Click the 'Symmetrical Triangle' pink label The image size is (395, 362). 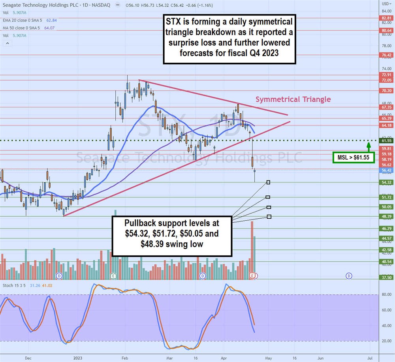click(x=293, y=99)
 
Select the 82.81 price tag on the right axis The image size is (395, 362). click(x=386, y=18)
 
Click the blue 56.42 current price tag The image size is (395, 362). click(x=386, y=171)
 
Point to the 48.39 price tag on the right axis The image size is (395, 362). click(x=386, y=217)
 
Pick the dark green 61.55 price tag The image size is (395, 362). click(x=386, y=141)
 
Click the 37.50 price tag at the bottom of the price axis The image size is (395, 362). click(x=386, y=278)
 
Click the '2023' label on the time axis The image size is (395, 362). click(x=77, y=358)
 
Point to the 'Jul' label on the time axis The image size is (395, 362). click(x=370, y=358)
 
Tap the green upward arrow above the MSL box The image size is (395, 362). click(x=368, y=146)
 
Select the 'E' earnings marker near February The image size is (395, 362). click(x=113, y=275)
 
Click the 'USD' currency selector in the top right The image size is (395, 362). click(x=386, y=4)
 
